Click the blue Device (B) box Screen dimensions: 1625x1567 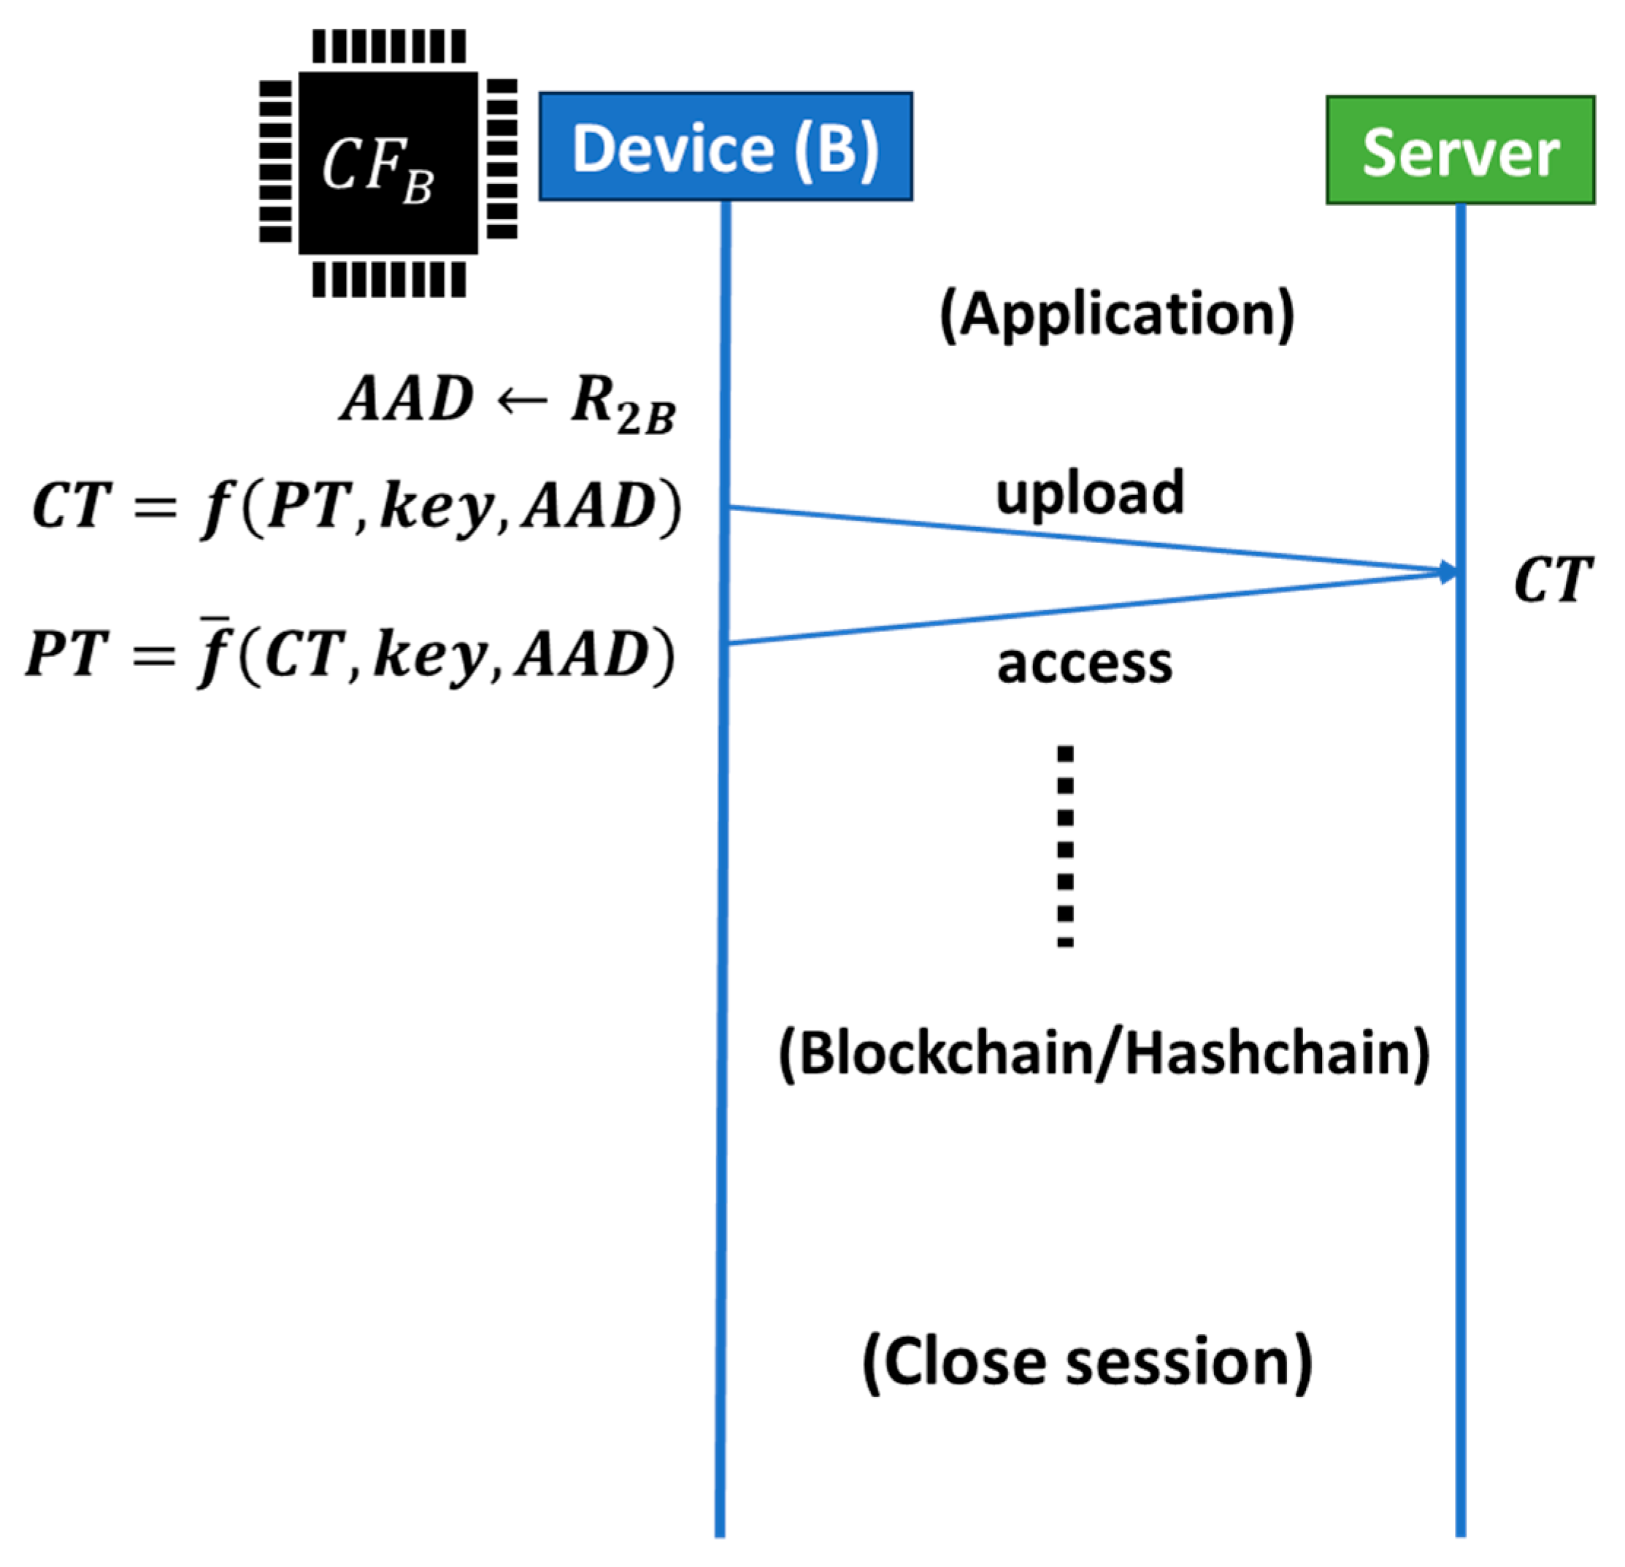coord(726,147)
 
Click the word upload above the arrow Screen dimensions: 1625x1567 coord(1089,493)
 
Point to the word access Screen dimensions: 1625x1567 coord(1085,663)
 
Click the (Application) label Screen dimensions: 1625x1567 coord(1117,315)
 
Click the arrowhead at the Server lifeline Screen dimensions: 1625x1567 coord(1448,571)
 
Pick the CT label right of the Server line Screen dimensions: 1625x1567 coord(1553,580)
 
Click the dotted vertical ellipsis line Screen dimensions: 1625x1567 coord(1065,846)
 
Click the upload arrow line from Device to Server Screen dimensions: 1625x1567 coord(1092,539)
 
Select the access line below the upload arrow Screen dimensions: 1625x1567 coord(1092,608)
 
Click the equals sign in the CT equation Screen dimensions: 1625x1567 coord(157,506)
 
